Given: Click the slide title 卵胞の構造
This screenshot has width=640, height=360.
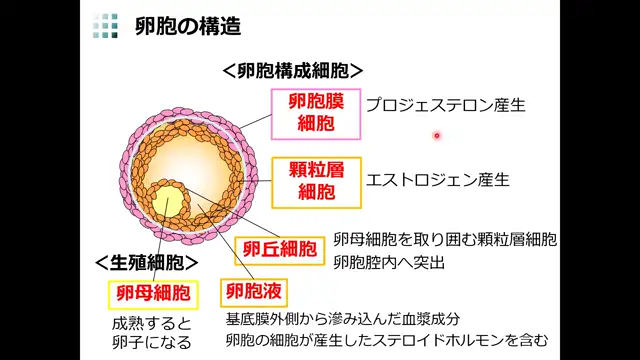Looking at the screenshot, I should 188,27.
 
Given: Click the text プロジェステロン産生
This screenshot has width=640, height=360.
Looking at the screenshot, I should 445,104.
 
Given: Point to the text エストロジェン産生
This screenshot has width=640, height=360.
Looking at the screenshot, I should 438,180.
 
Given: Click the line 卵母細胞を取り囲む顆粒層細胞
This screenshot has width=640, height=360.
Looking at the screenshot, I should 445,241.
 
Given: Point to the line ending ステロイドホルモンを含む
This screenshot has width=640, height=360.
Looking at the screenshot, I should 387,341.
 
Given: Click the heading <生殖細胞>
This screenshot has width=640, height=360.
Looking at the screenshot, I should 146,262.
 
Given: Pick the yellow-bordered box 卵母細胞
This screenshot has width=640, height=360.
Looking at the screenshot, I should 152,294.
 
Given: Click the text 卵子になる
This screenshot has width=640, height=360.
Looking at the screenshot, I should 150,343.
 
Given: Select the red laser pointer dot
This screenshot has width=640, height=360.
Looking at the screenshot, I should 437,135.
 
